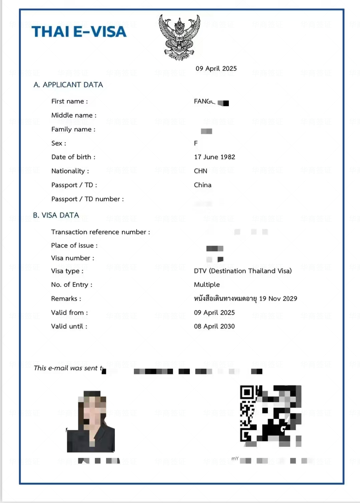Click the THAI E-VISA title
point(79,32)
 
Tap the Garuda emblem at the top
point(180,37)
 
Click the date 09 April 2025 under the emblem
point(216,68)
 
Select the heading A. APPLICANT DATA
point(68,85)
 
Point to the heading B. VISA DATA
point(56,215)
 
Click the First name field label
point(69,101)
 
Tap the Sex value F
point(196,143)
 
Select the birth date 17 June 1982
point(214,157)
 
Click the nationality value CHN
point(200,171)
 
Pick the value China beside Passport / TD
point(202,185)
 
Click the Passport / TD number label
point(87,199)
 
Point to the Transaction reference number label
point(101,232)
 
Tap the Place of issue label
point(74,245)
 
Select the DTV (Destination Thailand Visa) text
point(243,271)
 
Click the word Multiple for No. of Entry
point(207,285)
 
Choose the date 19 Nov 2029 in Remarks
point(278,298)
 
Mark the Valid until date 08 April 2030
point(214,326)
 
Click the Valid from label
point(69,312)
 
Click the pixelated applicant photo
point(91,422)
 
